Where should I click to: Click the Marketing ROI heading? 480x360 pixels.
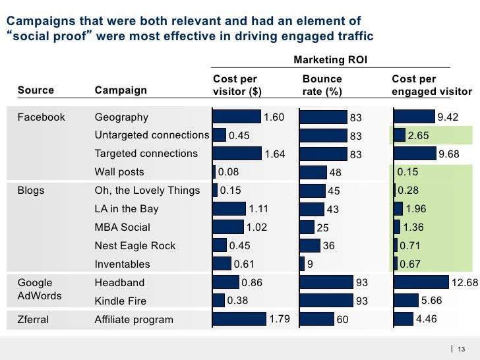point(330,61)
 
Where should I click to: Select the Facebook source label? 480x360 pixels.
point(41,117)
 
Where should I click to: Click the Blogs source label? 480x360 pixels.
point(31,191)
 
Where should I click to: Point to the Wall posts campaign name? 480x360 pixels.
point(119,172)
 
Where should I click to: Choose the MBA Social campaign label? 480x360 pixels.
point(123,227)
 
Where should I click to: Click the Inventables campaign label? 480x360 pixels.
point(123,264)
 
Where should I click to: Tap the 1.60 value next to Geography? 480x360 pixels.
point(274,117)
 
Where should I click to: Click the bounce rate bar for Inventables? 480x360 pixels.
point(302,264)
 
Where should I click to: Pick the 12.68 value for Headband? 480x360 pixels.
point(464,283)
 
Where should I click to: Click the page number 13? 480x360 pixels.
point(462,349)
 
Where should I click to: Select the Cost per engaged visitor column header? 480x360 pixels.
point(432,86)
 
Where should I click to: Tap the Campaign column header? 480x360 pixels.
point(121,90)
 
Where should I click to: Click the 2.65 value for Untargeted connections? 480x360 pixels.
point(419,136)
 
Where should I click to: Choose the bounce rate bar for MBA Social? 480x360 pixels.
point(307,227)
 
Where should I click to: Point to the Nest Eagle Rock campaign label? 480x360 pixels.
point(135,246)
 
